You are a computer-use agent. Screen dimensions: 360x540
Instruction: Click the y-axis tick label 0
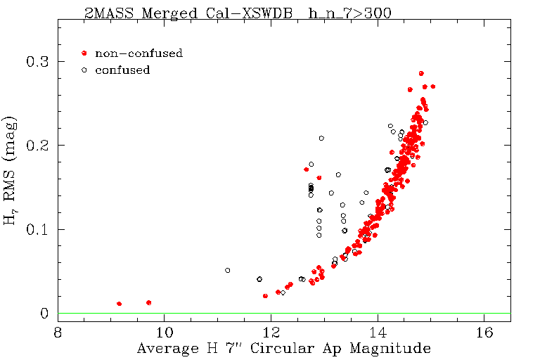[x=43, y=314]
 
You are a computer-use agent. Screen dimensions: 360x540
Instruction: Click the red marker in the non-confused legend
[x=84, y=53]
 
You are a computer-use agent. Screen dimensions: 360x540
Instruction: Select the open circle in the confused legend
[x=84, y=70]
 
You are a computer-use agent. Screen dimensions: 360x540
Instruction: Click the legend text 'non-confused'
[x=139, y=53]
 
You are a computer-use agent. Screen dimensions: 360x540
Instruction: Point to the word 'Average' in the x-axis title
[x=161, y=349]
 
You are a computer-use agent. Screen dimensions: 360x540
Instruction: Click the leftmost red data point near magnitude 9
[x=119, y=304]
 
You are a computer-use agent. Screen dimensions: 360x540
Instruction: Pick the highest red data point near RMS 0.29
[x=421, y=73]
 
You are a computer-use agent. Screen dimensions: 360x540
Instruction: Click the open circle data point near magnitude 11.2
[x=228, y=270]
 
